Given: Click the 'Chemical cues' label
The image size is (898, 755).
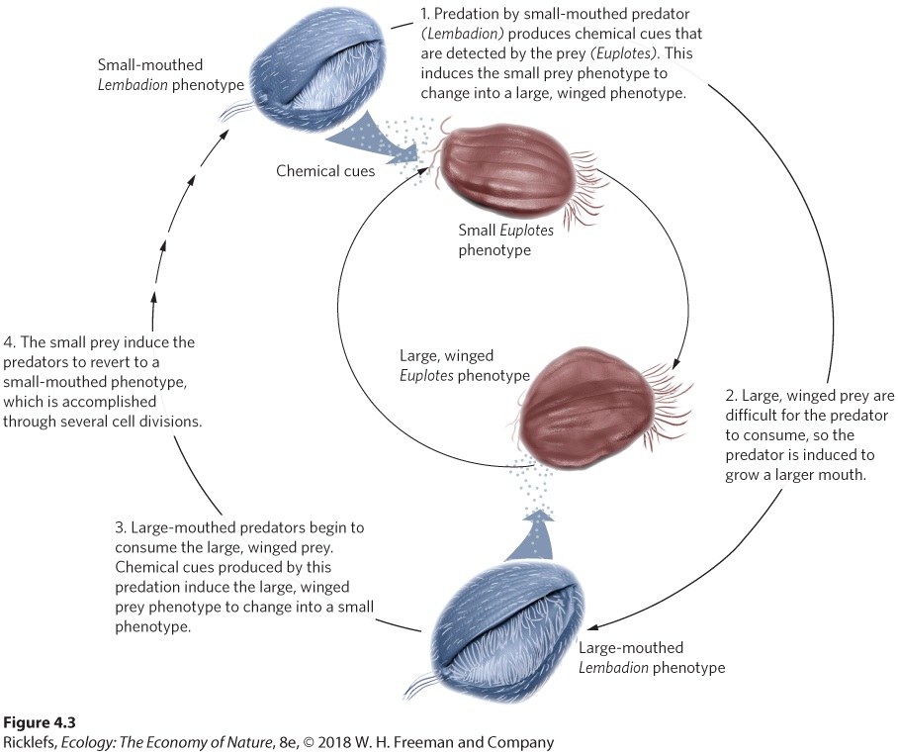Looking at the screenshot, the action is click(325, 171).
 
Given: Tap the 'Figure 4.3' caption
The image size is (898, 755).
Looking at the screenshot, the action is click(40, 722).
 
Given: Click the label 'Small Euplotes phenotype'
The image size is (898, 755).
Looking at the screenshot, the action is click(505, 240).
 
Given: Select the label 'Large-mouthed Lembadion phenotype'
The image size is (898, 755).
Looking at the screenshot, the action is click(652, 658).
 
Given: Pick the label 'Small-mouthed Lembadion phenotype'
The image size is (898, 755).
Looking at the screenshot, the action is click(171, 75).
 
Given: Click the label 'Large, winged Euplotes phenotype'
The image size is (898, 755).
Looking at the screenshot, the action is click(465, 365).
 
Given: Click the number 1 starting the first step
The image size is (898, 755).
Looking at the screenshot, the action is click(425, 14).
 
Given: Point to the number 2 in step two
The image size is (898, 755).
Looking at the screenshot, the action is click(731, 396).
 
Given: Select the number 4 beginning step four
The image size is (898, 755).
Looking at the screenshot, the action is click(9, 342).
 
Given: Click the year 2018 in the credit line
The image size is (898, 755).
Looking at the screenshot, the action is click(334, 742).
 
